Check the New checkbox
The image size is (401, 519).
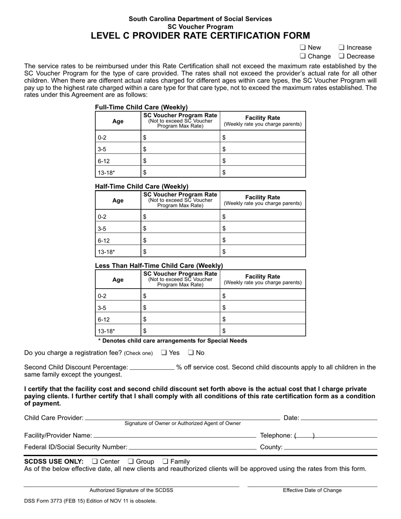303,48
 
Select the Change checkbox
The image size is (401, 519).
303,56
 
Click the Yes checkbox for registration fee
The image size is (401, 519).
164,353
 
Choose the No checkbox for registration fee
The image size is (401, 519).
191,353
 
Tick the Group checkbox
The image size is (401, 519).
131,461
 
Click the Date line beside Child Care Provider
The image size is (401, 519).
339,418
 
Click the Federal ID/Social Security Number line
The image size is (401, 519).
192,447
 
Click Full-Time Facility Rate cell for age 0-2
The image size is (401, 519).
263,137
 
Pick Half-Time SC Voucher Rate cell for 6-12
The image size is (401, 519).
180,240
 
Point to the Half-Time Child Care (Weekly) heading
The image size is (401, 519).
142,187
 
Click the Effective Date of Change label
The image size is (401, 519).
312,490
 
